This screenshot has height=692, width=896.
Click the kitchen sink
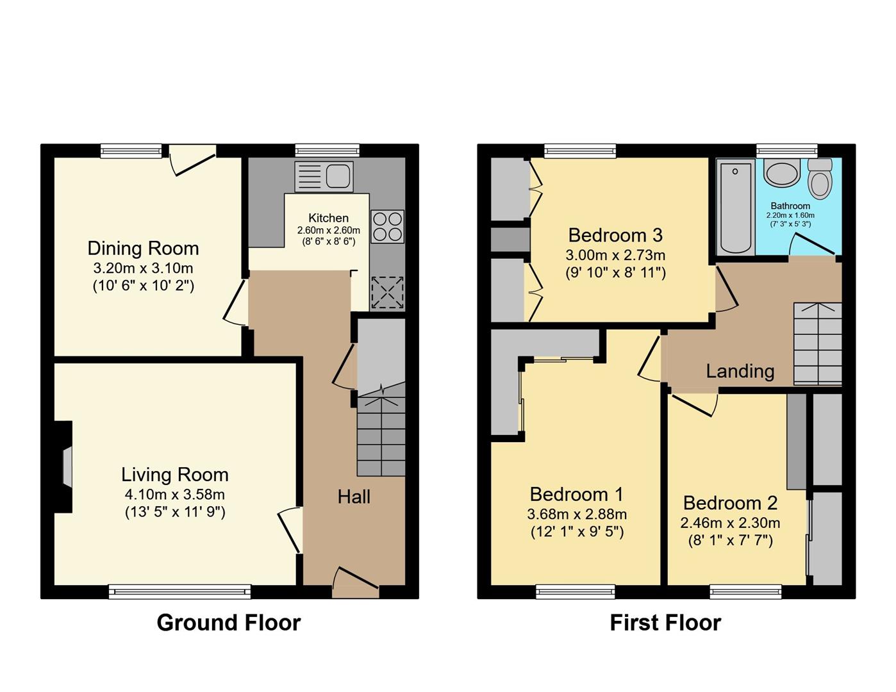point(324,176)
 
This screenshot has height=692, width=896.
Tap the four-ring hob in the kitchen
point(387,226)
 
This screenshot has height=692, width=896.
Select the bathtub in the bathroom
point(735,207)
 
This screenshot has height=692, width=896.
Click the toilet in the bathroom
point(820,179)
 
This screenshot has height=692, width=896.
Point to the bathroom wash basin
point(782,172)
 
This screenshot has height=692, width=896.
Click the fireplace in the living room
point(63,466)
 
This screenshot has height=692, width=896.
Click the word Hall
point(354,497)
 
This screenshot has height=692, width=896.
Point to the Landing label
point(740,371)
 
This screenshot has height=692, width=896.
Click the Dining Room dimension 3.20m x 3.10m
point(143,268)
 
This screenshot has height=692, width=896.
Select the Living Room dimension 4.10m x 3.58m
point(175,494)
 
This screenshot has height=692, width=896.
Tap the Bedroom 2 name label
point(730,503)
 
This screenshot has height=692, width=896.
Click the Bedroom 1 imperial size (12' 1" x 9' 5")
point(577,532)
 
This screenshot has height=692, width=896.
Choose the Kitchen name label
point(328,218)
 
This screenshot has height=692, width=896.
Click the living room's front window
point(180,591)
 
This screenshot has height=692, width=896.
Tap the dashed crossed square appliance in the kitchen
point(388,293)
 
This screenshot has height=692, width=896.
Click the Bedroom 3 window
point(580,151)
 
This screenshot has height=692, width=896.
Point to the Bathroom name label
point(790,206)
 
